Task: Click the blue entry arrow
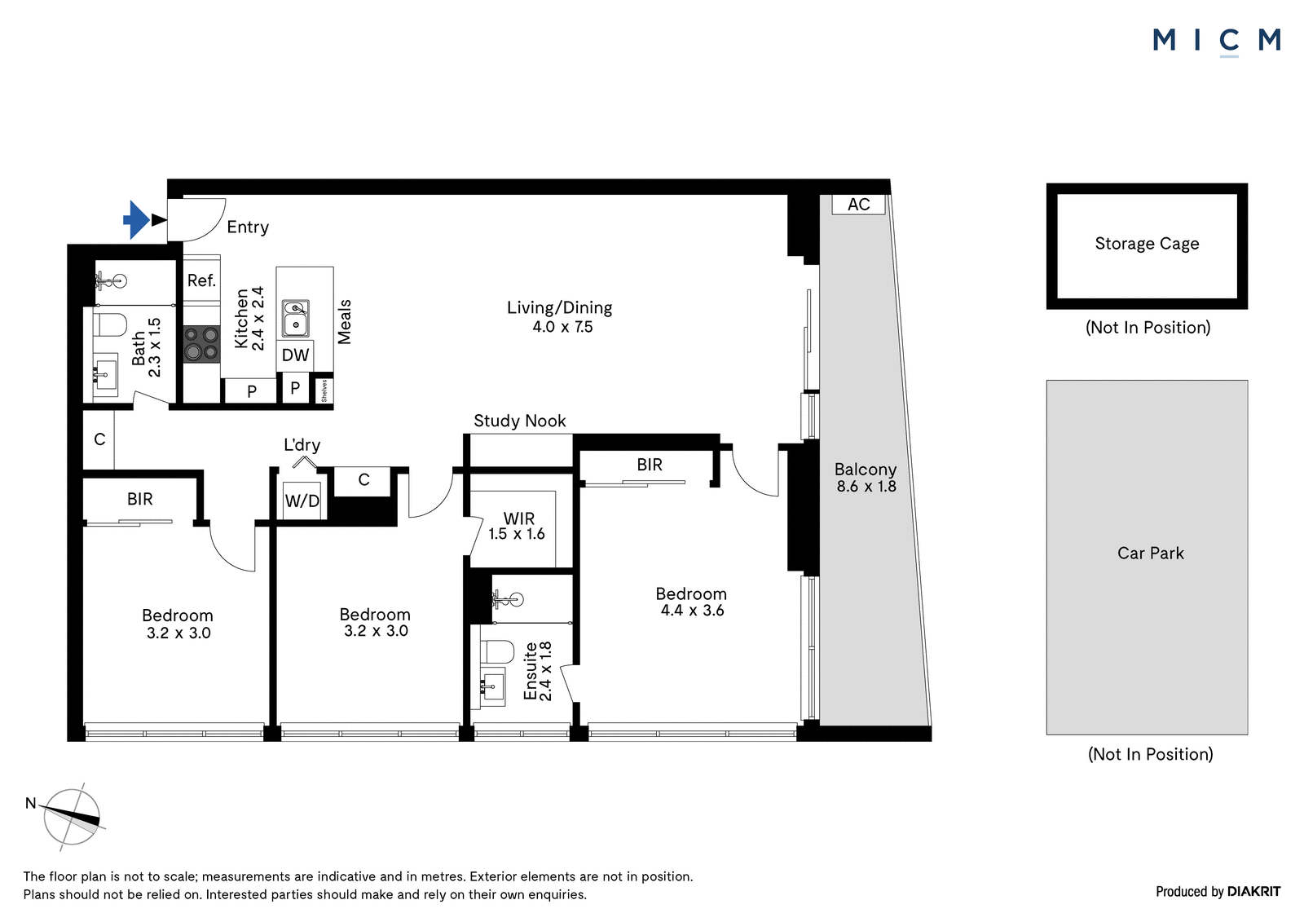tap(136, 219)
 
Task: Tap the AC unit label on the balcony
tap(859, 205)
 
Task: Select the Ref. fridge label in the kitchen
tap(201, 280)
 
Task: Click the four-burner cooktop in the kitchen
tap(201, 344)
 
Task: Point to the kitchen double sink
tap(296, 318)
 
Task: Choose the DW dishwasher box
tap(295, 355)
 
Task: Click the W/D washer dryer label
tap(302, 501)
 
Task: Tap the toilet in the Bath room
tap(110, 325)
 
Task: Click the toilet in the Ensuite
tap(497, 651)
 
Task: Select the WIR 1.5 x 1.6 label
tap(517, 526)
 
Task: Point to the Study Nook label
tap(519, 421)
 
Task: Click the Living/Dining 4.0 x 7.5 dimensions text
tap(562, 327)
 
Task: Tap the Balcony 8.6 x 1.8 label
tap(866, 478)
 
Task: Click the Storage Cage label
tap(1147, 244)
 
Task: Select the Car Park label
tap(1150, 553)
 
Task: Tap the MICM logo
tap(1217, 42)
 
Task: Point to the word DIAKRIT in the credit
tap(1253, 892)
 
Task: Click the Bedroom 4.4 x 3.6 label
tap(692, 602)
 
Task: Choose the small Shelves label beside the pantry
tap(324, 390)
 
